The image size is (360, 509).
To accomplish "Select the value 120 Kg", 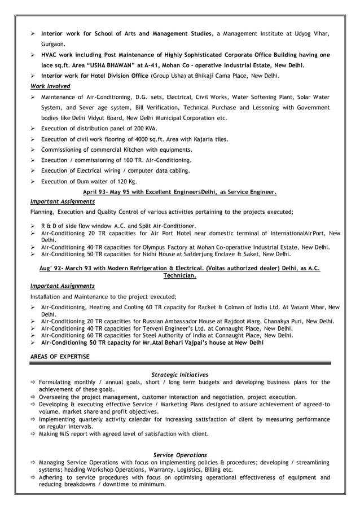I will (126, 182).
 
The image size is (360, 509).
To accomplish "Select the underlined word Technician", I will (179, 276).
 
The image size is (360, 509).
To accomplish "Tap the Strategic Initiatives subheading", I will (180, 374).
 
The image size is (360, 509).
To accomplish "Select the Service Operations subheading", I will (180, 454).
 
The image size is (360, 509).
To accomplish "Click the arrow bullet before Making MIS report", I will (33, 434).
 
